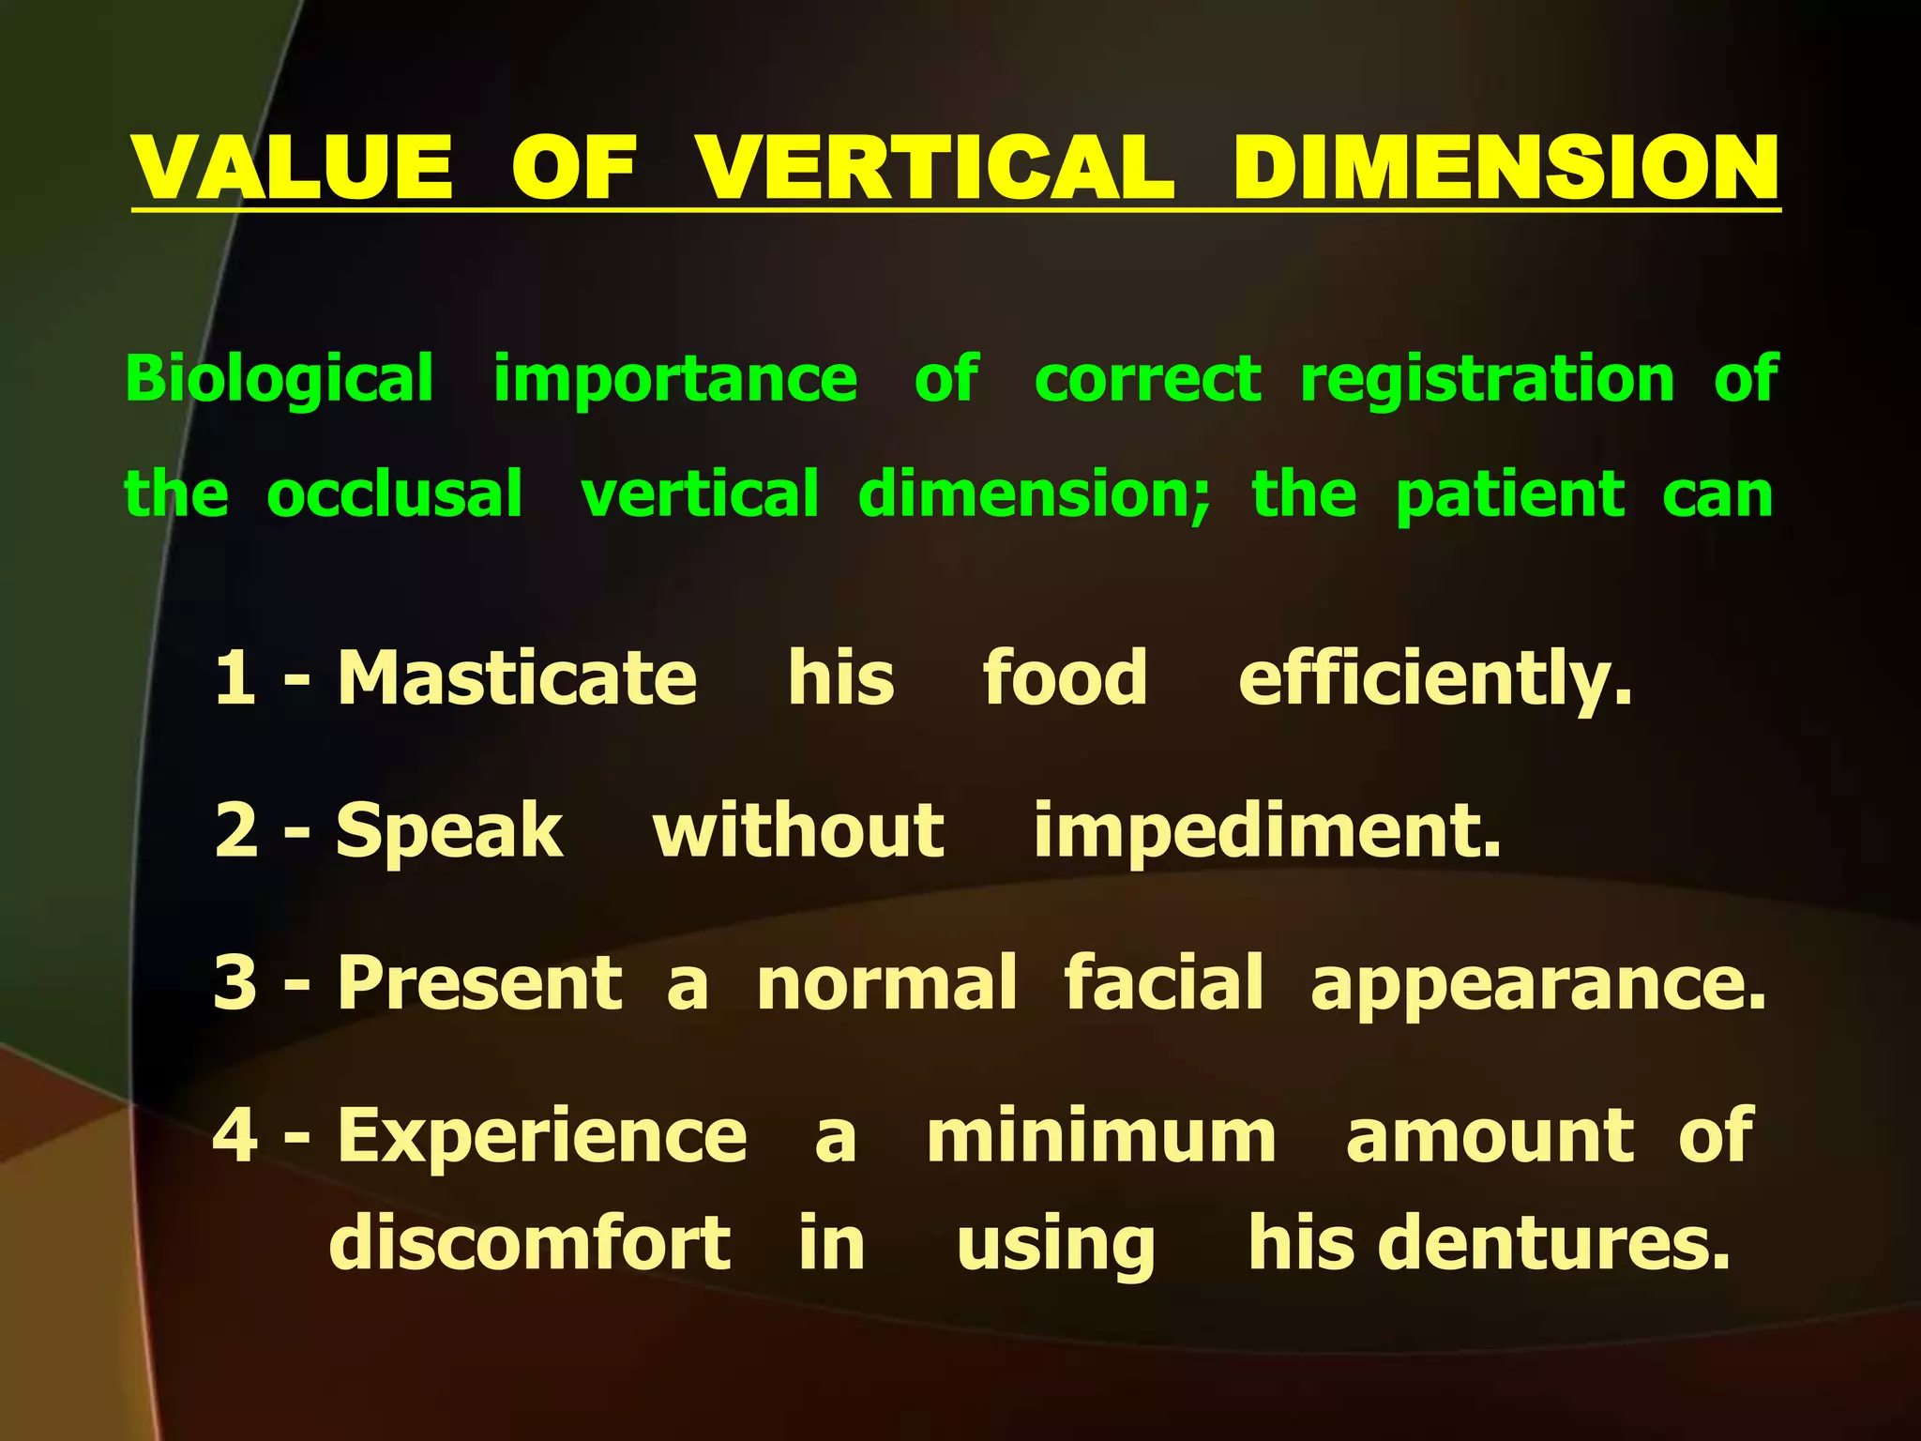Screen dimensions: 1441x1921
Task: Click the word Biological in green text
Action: pos(280,380)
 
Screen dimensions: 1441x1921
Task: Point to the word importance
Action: pos(675,380)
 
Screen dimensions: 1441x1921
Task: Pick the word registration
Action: pos(1487,380)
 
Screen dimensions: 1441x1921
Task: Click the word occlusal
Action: pos(395,494)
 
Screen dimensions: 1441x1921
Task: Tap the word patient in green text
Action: pos(1510,494)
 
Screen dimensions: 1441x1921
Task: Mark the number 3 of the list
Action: pos(235,982)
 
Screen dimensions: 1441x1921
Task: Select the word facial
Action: pos(1163,982)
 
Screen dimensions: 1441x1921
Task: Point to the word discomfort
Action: pos(530,1243)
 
